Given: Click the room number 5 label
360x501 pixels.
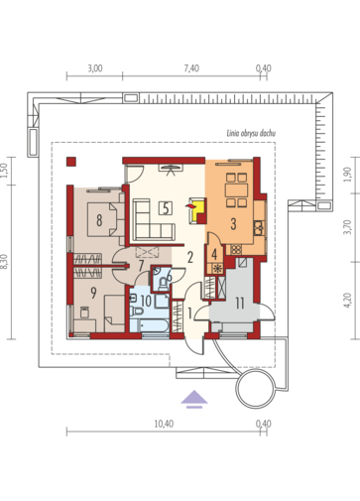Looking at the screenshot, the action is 166,208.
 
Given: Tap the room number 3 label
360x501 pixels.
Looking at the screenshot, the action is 233,224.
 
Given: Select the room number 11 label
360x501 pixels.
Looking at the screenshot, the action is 240,304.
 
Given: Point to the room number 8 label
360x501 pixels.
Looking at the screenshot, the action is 99,220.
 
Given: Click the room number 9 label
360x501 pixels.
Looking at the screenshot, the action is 93,293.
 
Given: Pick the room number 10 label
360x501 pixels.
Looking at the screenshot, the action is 146,301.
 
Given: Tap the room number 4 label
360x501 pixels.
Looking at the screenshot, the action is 214,254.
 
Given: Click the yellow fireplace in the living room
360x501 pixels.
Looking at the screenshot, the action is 197,211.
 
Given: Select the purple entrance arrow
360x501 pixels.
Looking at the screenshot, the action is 194,399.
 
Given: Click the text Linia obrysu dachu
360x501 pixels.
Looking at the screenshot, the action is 251,133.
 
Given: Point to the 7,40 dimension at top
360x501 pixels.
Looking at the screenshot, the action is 191,68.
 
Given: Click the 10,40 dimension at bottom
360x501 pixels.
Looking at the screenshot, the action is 164,424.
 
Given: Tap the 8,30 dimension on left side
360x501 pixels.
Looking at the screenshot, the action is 4,262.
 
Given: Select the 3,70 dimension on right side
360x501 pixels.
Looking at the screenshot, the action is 346,227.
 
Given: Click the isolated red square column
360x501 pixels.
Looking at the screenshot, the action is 71,162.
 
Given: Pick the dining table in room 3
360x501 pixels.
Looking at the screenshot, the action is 236,190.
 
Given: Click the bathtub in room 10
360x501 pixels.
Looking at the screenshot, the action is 150,325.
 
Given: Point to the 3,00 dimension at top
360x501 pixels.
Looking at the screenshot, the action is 95,68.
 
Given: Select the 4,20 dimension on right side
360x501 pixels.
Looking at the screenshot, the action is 346,301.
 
